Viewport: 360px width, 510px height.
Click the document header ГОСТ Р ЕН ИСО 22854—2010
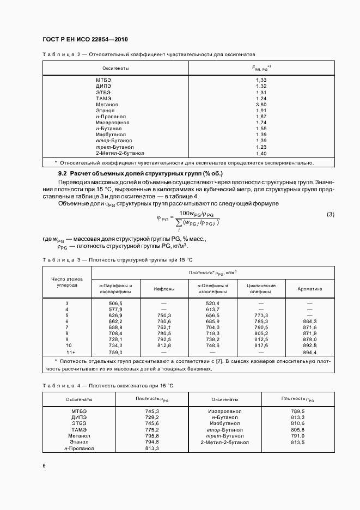(84, 40)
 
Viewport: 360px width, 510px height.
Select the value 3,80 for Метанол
(261, 104)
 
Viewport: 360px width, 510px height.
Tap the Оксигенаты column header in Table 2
(115, 68)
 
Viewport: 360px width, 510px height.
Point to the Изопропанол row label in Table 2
(113, 123)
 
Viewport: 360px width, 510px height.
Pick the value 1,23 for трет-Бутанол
(261, 147)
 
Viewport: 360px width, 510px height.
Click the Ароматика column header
(310, 289)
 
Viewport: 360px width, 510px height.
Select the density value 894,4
(310, 353)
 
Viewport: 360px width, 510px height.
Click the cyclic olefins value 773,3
(261, 315)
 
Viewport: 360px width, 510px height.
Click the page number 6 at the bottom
(44, 465)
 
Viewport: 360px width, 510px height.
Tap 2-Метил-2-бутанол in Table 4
(225, 442)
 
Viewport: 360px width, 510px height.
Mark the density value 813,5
(298, 442)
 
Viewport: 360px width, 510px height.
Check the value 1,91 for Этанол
(261, 110)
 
